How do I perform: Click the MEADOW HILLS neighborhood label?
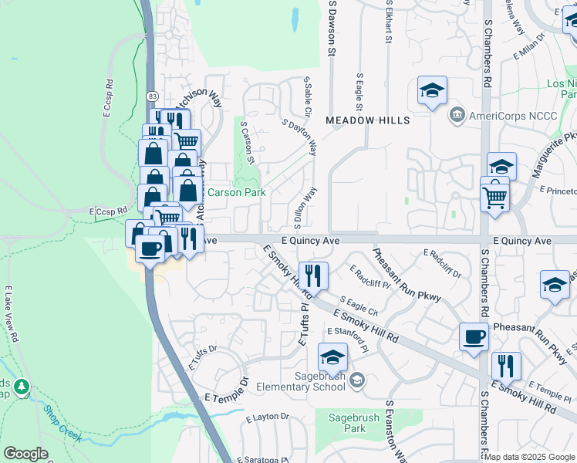point(366,121)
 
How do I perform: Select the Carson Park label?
point(235,192)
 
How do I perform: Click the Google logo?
point(25,453)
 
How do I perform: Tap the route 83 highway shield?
point(154,95)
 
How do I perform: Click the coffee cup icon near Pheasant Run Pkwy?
point(474,336)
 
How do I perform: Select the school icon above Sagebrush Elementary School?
point(332,357)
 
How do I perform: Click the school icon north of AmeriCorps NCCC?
point(433,91)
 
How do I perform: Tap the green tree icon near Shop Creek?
point(21,385)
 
